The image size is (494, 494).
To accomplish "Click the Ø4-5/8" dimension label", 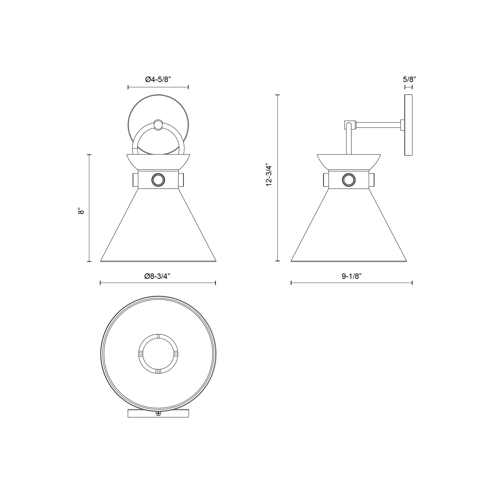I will tap(158, 79).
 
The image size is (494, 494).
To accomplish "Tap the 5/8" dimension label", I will tap(409, 79).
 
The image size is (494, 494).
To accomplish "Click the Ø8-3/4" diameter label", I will tap(157, 276).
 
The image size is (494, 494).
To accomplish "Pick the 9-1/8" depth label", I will tap(352, 276).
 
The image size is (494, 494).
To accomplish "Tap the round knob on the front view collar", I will tap(158, 180).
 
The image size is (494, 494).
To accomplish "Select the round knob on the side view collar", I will tap(349, 180).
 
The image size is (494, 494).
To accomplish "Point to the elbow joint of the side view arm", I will tap(350, 125).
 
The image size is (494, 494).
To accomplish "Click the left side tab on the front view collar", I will tap(135, 180).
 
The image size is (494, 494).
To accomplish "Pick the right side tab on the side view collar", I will tap(371, 180).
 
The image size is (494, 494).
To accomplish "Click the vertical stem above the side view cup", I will tap(349, 143).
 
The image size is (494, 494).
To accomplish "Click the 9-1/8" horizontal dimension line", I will tap(352, 283).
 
